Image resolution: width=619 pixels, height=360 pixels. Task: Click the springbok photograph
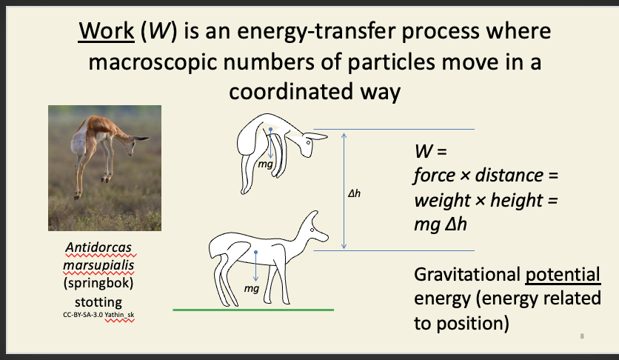coord(104,167)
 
